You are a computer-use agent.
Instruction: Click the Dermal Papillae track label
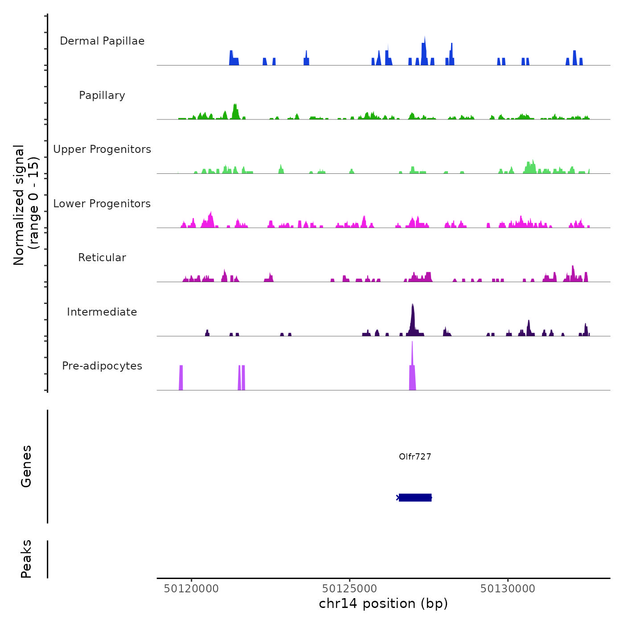coord(102,41)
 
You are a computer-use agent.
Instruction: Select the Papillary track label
coord(102,95)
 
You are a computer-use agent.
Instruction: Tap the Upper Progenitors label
coord(102,149)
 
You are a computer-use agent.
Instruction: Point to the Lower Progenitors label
coord(102,204)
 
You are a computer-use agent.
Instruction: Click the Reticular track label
coord(102,258)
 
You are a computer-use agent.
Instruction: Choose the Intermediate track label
coord(102,312)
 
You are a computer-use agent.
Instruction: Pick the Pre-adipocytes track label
coord(102,366)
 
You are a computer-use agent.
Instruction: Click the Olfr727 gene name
coord(415,456)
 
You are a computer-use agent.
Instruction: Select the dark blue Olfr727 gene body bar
coord(415,497)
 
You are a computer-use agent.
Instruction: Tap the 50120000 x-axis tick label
coord(191,589)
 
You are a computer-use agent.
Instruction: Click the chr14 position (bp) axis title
coord(383,603)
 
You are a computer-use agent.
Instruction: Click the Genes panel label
coord(26,466)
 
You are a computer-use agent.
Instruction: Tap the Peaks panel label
coord(26,559)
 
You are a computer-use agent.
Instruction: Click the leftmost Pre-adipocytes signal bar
coord(181,378)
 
